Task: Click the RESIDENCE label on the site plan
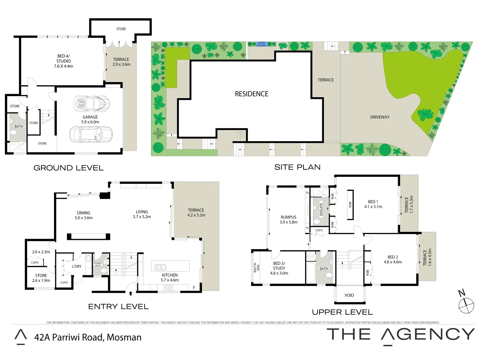[x=251, y=94]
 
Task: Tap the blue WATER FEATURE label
[x=261, y=44]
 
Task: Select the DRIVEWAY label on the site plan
[x=380, y=117]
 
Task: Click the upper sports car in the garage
[x=91, y=103]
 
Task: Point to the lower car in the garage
[x=91, y=134]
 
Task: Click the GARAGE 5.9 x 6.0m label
[x=90, y=120]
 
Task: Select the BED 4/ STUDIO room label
[x=63, y=61]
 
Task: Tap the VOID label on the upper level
[x=349, y=295]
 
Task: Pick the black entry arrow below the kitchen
[x=131, y=293]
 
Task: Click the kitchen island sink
[x=160, y=268]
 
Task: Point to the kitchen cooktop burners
[x=168, y=287]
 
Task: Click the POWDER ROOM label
[x=98, y=264]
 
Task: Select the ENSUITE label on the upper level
[x=321, y=209]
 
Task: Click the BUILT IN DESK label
[x=256, y=268]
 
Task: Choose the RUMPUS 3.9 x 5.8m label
[x=288, y=220]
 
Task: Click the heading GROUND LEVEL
[x=68, y=168]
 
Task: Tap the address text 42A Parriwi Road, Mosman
[x=88, y=337]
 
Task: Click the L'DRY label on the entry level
[x=77, y=267]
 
